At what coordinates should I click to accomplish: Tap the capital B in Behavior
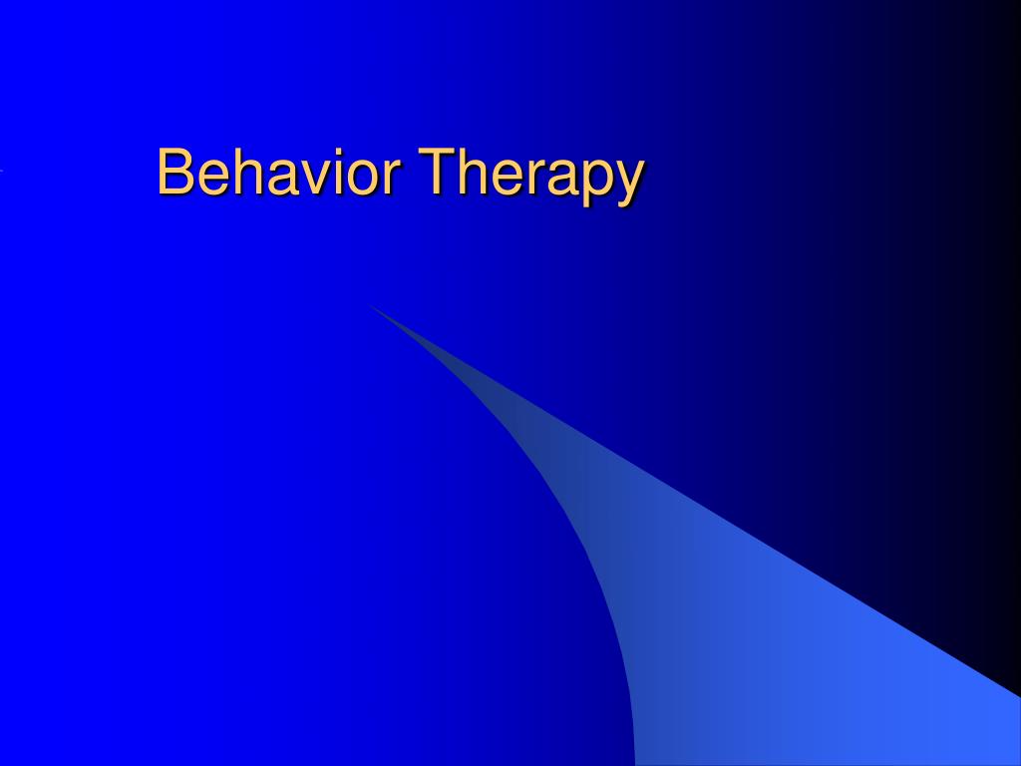pyautogui.click(x=174, y=172)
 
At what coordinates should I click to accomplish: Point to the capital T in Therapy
pyautogui.click(x=437, y=172)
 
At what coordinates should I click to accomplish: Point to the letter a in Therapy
pyautogui.click(x=563, y=178)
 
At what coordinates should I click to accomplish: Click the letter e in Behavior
pyautogui.click(x=213, y=178)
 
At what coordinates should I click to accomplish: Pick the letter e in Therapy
pyautogui.click(x=509, y=178)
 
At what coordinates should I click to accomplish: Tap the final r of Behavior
pyautogui.click(x=392, y=178)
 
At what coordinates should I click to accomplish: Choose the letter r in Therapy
pyautogui.click(x=537, y=178)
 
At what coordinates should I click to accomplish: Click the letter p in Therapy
pyautogui.click(x=598, y=184)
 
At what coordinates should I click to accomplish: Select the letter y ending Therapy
pyautogui.click(x=630, y=185)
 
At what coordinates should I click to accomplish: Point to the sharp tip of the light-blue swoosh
pyautogui.click(x=370, y=305)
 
